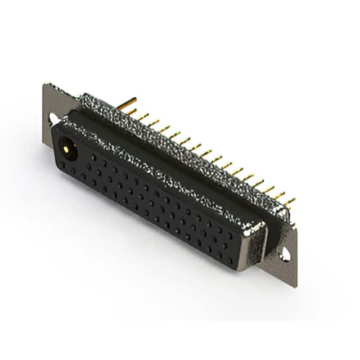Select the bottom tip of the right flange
tap(295, 286)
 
